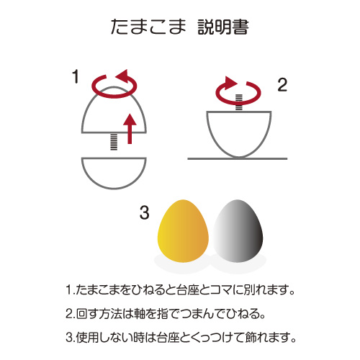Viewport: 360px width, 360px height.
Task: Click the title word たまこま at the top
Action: (x=148, y=27)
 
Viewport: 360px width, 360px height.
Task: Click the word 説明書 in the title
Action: (x=223, y=27)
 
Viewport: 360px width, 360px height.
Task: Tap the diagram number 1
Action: (x=76, y=76)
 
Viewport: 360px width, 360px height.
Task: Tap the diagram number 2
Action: (x=282, y=85)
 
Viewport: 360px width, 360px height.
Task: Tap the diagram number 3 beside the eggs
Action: (x=144, y=212)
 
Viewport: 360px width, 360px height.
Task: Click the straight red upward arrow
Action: (x=130, y=129)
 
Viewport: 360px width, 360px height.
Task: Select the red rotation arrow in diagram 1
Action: (x=114, y=96)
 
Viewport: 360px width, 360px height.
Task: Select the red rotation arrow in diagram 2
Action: (x=238, y=102)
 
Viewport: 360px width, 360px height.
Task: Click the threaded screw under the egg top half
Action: (x=114, y=142)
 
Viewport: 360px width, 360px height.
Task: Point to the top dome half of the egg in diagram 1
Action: (x=114, y=87)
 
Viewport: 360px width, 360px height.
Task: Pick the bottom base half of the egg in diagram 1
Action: (x=114, y=188)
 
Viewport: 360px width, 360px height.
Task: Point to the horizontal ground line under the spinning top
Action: (x=238, y=158)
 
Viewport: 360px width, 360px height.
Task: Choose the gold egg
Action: (x=183, y=231)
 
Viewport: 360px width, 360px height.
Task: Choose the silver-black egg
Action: (x=238, y=231)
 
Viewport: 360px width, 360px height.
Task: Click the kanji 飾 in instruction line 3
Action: (x=251, y=337)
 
